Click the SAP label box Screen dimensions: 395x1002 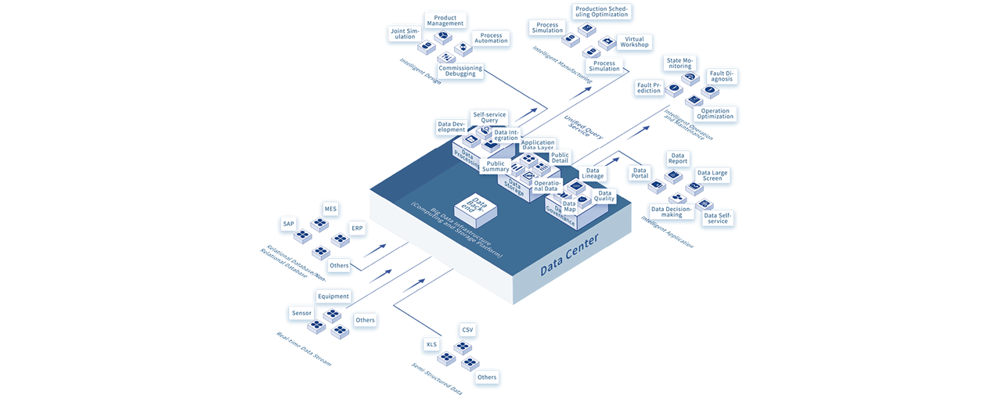click(x=289, y=224)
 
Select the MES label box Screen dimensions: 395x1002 click(x=330, y=208)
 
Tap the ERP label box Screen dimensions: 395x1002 click(x=357, y=228)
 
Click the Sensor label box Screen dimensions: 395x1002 click(x=301, y=313)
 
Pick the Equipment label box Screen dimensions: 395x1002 click(x=333, y=297)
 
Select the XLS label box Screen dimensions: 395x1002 click(x=431, y=344)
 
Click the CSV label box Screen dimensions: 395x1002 click(x=468, y=330)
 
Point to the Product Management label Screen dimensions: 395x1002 click(x=445, y=20)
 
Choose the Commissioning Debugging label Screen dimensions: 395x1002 click(x=460, y=71)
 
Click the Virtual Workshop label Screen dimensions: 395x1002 click(x=634, y=41)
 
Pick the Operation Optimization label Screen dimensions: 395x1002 click(x=715, y=114)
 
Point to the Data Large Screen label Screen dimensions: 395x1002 click(x=712, y=176)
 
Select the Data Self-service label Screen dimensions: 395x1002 click(x=717, y=217)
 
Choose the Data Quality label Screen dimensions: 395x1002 click(x=604, y=196)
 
